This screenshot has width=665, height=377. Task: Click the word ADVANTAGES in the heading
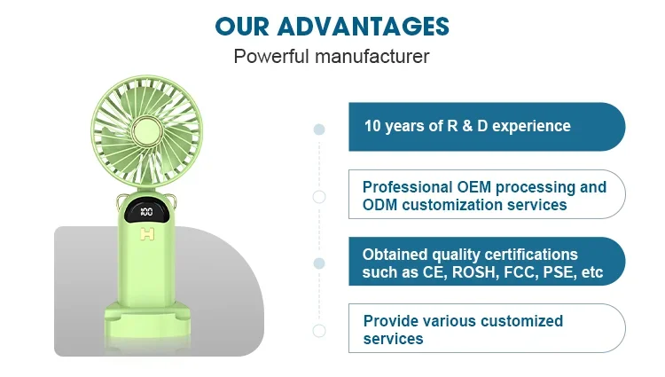coord(363,27)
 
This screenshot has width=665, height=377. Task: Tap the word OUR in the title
coord(242,27)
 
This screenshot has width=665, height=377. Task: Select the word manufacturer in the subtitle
coord(372,57)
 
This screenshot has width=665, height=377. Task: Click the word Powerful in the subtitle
coord(271,57)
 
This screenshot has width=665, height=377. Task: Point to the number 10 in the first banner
coord(372,126)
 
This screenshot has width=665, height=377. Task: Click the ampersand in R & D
coord(467,126)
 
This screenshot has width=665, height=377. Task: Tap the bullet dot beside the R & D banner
coord(319,130)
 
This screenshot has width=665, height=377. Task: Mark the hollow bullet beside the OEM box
coord(319,197)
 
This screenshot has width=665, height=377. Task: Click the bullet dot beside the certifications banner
coord(319,263)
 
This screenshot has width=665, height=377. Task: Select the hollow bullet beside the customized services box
coord(319,331)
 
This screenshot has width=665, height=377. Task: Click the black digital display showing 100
coord(146,212)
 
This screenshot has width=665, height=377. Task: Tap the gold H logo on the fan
coord(147,234)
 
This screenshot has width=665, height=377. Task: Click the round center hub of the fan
coord(146,130)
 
